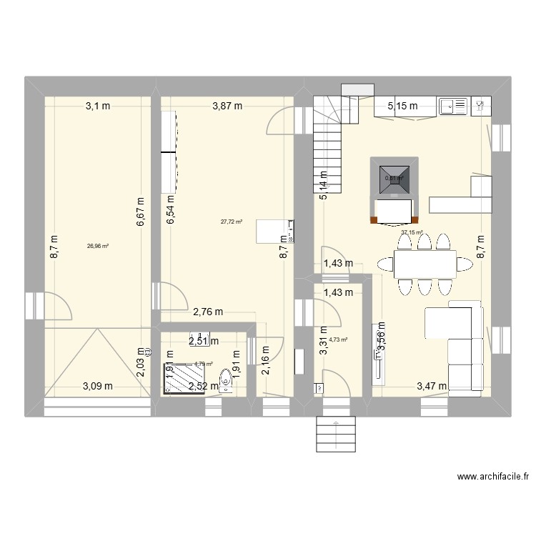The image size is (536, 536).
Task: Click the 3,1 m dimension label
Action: [99, 106]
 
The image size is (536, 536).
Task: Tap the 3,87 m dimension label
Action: [227, 106]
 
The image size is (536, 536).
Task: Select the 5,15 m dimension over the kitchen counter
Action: [402, 106]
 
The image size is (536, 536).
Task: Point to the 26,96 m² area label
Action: [98, 246]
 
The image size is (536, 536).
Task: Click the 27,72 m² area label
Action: [232, 222]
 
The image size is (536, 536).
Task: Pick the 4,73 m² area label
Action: [337, 340]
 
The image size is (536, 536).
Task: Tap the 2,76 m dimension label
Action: [208, 312]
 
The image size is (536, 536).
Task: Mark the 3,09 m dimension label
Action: [98, 387]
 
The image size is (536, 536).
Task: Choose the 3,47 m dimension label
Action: [432, 387]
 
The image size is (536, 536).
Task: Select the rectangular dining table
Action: [425, 265]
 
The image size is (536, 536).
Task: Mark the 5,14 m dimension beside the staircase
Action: [324, 185]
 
